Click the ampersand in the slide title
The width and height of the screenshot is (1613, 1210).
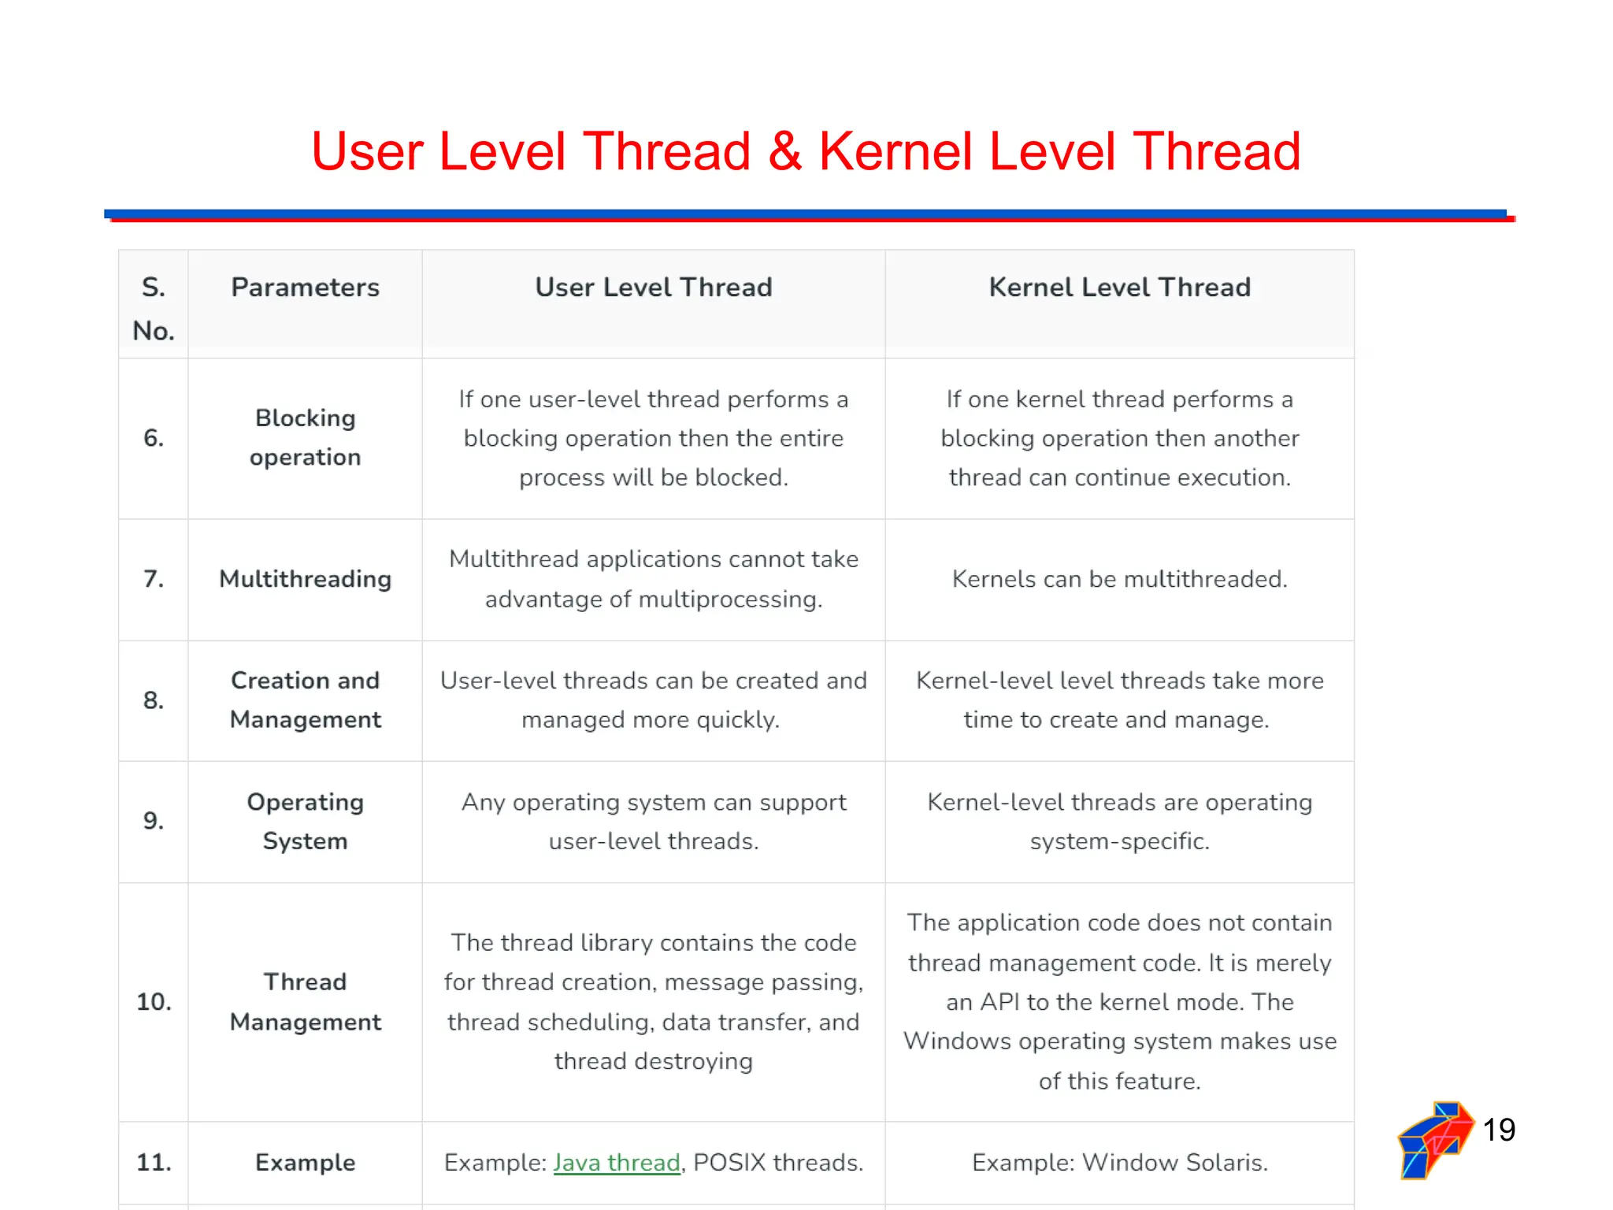click(784, 151)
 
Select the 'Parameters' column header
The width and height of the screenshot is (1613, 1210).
click(305, 288)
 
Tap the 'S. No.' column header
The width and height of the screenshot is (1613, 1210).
click(154, 308)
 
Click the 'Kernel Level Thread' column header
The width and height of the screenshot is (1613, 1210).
click(1119, 288)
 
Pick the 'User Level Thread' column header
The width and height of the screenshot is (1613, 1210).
click(653, 288)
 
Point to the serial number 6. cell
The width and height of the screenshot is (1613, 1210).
click(154, 438)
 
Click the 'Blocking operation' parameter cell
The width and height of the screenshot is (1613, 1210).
click(305, 438)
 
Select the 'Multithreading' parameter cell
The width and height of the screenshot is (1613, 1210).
click(305, 579)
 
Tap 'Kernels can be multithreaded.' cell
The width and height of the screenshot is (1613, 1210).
click(1119, 579)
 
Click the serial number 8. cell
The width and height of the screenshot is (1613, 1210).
click(154, 700)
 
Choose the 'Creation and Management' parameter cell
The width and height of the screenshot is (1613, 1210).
click(305, 700)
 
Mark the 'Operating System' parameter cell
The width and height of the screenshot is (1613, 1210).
click(305, 822)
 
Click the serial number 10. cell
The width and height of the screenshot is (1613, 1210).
click(154, 1002)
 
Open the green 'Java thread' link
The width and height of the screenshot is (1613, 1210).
click(616, 1163)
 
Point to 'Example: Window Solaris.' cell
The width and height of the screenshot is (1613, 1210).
click(1119, 1163)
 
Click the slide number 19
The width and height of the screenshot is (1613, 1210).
click(1499, 1130)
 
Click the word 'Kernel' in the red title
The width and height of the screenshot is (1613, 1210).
click(895, 151)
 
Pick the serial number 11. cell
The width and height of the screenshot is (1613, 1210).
click(154, 1163)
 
